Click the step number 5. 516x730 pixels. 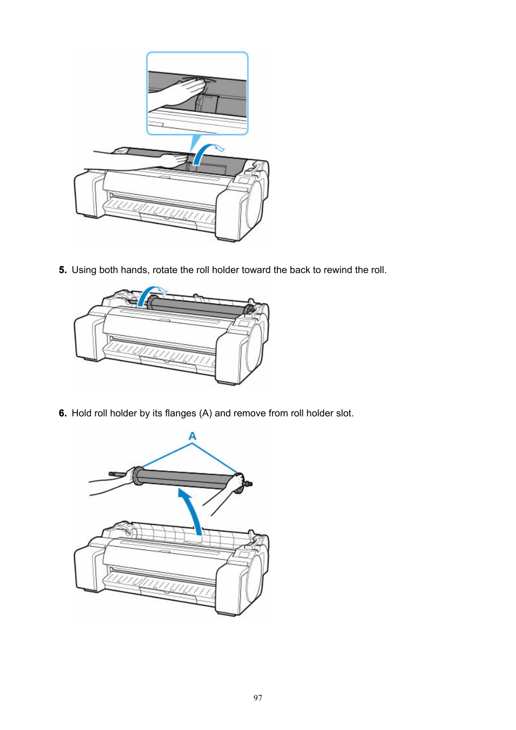(63, 270)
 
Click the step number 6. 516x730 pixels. (63, 413)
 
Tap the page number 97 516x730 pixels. (258, 698)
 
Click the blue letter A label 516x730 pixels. (193, 436)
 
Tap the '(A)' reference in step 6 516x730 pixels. (206, 413)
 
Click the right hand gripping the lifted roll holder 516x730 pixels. (237, 482)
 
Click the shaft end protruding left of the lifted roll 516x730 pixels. (116, 474)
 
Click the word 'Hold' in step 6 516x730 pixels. (81, 413)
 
